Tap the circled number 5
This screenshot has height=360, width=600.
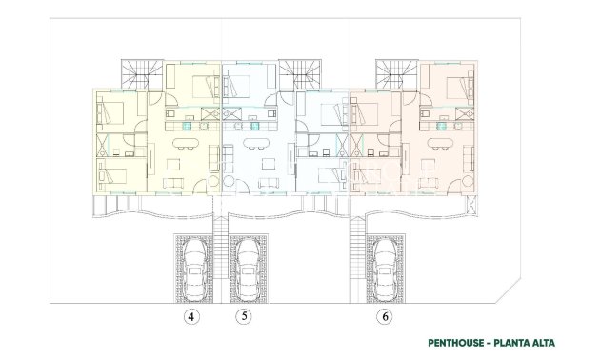[245, 319]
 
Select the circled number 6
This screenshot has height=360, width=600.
[384, 319]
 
